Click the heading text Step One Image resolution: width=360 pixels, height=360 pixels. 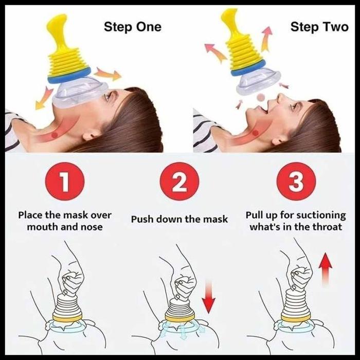click(133, 27)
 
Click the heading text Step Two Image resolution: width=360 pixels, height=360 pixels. click(319, 27)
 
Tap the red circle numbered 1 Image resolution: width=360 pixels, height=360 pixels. click(65, 182)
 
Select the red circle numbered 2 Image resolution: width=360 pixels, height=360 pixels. click(179, 182)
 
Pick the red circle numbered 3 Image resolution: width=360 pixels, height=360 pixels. click(296, 182)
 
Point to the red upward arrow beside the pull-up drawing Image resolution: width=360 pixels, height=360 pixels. click(326, 270)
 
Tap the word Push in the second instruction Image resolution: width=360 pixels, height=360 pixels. click(141, 219)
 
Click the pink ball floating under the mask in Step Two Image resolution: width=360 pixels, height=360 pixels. click(261, 98)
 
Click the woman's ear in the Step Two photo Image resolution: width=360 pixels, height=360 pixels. click(279, 139)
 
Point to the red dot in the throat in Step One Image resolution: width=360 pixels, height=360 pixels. click(54, 135)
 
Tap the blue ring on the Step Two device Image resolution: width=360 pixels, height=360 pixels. click(248, 68)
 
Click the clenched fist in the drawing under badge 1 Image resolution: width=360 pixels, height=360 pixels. click(72, 283)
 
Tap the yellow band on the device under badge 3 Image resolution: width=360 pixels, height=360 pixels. click(296, 318)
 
